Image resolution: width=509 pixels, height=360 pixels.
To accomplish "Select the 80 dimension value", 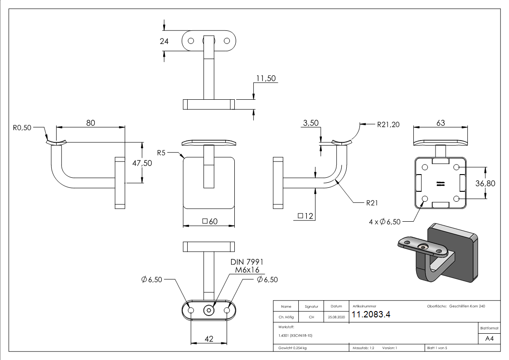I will coord(91,123).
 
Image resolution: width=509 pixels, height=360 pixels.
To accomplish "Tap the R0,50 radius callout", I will coord(22,128).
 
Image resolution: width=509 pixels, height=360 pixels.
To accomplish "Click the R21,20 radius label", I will coord(388,125).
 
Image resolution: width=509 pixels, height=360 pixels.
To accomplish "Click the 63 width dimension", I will coord(440,123).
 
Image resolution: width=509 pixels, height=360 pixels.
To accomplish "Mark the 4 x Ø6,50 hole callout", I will coord(385,222).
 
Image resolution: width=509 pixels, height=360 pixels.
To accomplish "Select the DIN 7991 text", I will coord(247,262).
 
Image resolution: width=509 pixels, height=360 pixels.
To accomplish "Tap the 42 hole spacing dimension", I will coord(209,338).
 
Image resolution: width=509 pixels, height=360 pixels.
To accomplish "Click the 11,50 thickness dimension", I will coord(266,78).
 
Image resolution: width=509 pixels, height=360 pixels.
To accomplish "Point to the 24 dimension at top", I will coord(164,41).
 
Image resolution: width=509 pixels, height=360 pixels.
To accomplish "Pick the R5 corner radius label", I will coord(161,153).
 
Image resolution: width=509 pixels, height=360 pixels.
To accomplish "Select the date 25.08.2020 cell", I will coord(336,317).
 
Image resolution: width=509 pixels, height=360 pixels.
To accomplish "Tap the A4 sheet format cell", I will coord(489,339).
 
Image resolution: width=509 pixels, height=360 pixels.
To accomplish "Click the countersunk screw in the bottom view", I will coord(209,310).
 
